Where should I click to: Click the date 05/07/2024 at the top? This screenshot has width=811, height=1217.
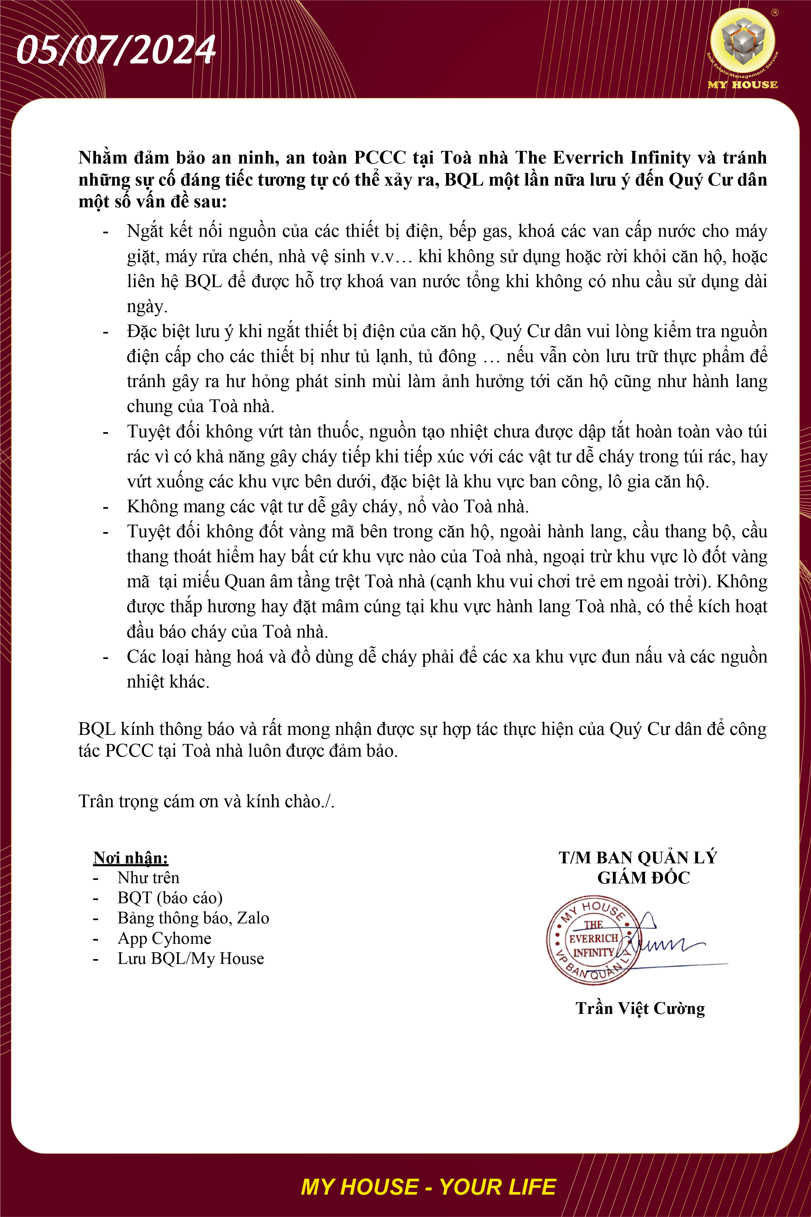point(116,50)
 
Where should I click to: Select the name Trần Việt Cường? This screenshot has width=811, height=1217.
point(640,1008)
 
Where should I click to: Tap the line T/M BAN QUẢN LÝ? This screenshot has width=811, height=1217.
point(638,858)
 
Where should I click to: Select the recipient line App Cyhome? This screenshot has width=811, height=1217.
point(164,938)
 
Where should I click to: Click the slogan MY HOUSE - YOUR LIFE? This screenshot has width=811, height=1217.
point(428,1187)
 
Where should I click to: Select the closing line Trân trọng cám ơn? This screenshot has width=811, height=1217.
point(206,801)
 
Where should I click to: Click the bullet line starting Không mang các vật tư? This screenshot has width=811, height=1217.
point(328,506)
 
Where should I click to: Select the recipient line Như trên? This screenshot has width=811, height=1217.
point(149,878)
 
